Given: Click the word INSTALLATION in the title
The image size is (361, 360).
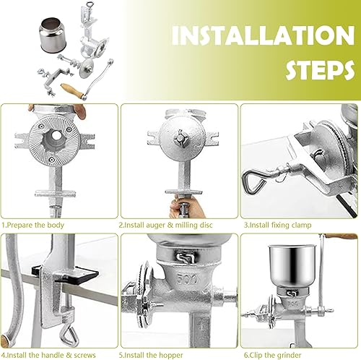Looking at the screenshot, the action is click(x=264, y=35).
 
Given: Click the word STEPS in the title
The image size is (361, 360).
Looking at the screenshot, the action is click(x=320, y=69).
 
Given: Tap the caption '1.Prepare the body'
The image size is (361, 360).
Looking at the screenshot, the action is click(x=33, y=225).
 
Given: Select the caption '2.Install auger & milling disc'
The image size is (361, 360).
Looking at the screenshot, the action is click(x=166, y=225).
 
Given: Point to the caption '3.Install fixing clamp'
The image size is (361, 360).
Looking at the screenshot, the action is click(x=277, y=225).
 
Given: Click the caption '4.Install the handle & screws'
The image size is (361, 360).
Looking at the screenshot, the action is click(x=48, y=355).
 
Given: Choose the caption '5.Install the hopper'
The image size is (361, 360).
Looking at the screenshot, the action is click(x=151, y=355).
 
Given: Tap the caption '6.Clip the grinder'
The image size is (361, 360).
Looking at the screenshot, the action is click(x=272, y=355).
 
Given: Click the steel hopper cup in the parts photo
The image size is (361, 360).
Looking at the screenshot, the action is click(x=52, y=35).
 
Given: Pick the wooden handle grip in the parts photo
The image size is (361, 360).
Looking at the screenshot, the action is click(x=71, y=90).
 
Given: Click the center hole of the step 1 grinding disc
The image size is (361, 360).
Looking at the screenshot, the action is click(x=57, y=136).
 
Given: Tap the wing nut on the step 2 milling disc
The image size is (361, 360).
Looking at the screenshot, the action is click(x=180, y=139).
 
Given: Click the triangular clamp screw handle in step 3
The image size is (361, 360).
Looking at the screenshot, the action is click(x=255, y=181).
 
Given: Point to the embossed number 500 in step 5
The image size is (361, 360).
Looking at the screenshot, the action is click(x=187, y=279).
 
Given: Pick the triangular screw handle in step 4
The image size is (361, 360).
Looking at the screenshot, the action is click(x=69, y=336).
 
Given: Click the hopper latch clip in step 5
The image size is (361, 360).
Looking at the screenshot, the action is click(x=185, y=258).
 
